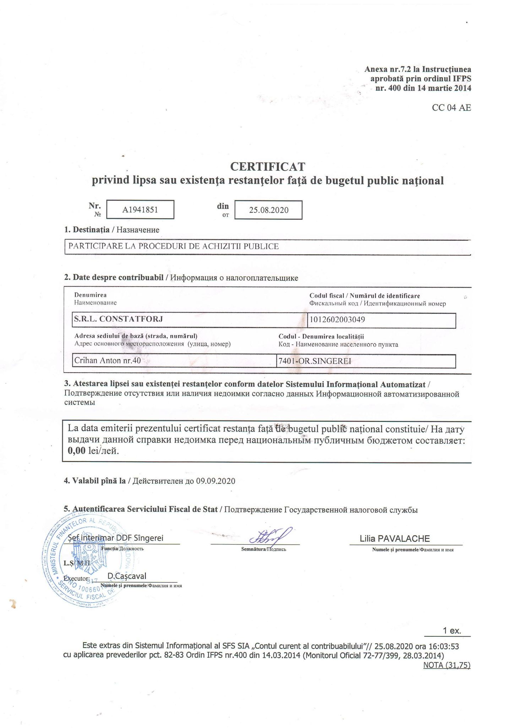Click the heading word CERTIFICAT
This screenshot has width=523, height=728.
[267, 166]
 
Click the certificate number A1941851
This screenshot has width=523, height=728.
[140, 210]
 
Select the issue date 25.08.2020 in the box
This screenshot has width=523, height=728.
[268, 210]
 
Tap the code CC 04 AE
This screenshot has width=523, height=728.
[451, 108]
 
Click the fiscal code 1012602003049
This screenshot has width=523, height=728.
[337, 320]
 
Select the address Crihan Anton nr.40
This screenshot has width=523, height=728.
[108, 361]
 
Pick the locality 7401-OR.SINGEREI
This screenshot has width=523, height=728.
[315, 361]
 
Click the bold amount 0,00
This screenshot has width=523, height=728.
[77, 451]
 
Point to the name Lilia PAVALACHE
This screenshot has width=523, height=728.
[394, 539]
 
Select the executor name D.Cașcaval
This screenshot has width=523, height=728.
[127, 576]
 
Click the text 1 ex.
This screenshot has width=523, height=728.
[452, 631]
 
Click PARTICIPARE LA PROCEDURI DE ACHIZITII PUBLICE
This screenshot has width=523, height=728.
[174, 246]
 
